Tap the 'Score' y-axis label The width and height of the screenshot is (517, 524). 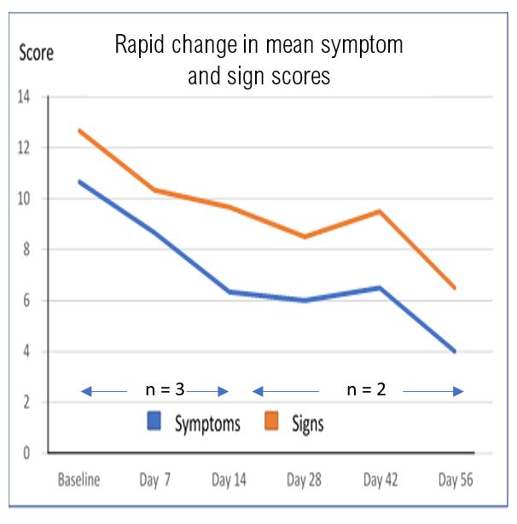click(36, 53)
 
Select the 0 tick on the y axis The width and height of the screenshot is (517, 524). click(26, 453)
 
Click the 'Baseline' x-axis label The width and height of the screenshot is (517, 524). click(78, 480)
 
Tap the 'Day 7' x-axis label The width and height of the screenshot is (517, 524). click(154, 480)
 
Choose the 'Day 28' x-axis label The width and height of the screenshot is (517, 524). click(305, 480)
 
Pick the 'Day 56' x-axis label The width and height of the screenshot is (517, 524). click(454, 480)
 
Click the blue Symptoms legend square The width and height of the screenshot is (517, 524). click(155, 422)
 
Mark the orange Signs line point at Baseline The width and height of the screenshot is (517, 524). click(78, 130)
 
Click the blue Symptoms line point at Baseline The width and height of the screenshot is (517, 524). click(78, 181)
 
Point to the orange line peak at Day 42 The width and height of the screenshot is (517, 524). click(380, 211)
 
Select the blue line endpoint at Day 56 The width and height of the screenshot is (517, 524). click(455, 351)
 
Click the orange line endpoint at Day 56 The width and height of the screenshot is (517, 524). click(455, 288)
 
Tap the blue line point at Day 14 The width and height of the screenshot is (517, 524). click(229, 292)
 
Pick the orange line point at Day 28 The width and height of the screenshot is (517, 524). click(305, 237)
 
